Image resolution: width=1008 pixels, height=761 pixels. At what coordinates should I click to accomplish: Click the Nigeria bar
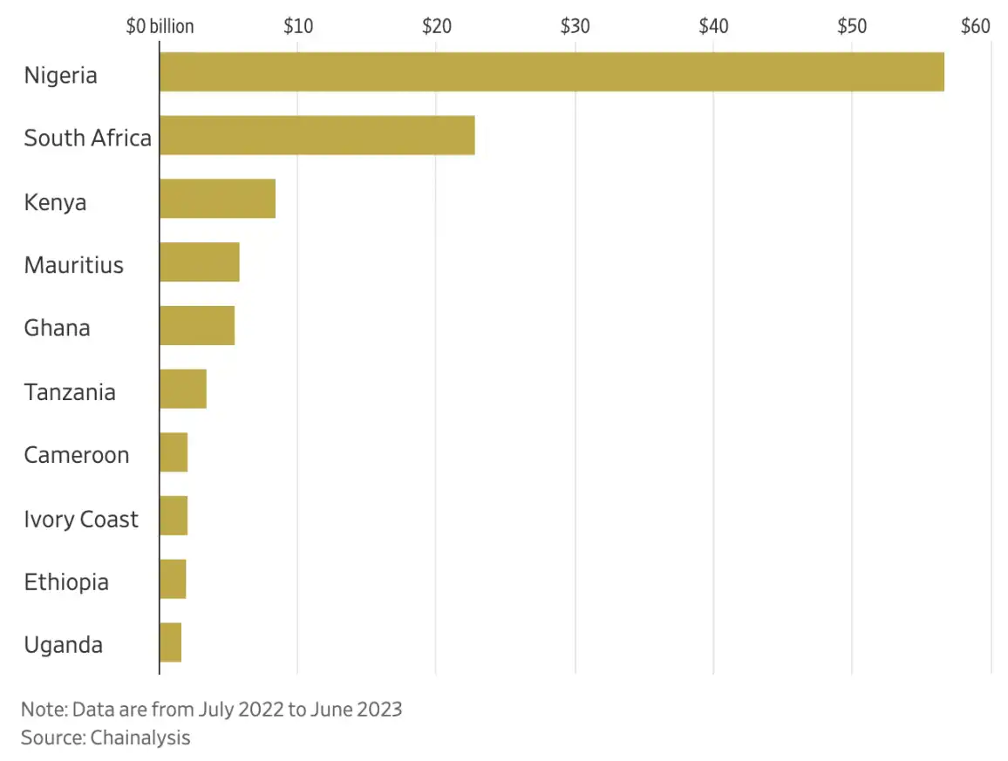pos(551,71)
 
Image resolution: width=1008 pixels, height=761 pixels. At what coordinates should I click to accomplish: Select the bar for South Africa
pos(317,135)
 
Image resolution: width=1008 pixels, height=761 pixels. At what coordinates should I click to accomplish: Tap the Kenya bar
pos(217,199)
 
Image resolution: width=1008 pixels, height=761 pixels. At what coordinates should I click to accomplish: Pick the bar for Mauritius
pos(199,262)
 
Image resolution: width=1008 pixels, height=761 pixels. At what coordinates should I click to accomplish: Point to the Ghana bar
pos(196,326)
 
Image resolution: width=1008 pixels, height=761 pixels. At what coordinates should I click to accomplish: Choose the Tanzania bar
pos(182,390)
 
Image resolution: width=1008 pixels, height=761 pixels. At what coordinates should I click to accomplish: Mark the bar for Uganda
pos(170,643)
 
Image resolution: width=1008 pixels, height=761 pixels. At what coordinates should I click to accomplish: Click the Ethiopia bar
pos(172,580)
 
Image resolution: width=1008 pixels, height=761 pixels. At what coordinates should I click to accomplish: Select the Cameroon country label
pos(76,455)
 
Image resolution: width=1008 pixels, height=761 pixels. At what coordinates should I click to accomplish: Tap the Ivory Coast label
pos(81,519)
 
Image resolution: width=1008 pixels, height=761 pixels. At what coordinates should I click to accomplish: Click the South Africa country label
pos(87,138)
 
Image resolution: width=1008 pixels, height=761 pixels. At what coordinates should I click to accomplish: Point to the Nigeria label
pos(60,75)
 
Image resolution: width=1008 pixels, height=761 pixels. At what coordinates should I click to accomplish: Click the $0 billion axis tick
pos(160,26)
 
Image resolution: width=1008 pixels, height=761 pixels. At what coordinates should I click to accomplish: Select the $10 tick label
pos(298,26)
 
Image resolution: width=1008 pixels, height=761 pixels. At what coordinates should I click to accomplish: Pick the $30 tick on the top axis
pos(576,26)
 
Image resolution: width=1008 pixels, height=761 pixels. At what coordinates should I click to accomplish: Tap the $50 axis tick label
pos(852,26)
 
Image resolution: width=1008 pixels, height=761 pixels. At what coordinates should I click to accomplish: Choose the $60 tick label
pos(976,26)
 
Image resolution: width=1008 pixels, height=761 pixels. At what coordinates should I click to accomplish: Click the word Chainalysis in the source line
pos(140,737)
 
